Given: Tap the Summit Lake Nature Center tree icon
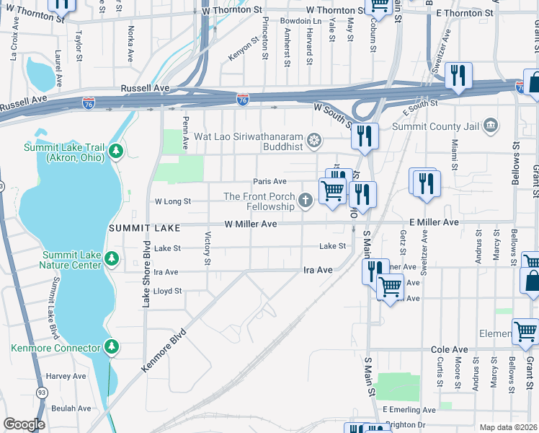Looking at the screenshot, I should [x=111, y=258].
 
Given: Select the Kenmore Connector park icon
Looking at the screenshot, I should [x=111, y=348].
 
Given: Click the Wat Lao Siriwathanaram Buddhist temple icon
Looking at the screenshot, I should [x=313, y=139].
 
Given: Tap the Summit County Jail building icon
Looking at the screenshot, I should [x=491, y=126].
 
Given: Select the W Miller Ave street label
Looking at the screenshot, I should [x=250, y=224].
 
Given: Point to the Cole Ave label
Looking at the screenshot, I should [x=450, y=349].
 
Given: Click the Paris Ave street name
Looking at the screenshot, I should [x=269, y=181].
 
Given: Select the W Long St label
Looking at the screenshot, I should [x=173, y=201].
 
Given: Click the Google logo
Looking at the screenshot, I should [x=24, y=424].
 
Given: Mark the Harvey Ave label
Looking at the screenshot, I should [x=66, y=376].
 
